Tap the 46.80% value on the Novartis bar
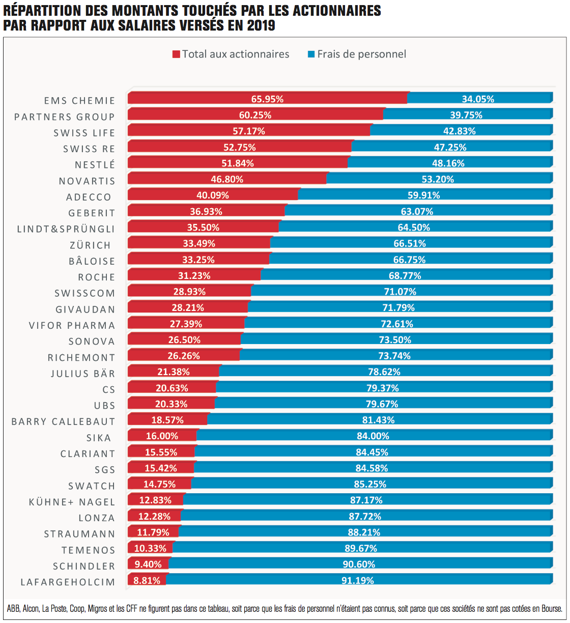click(x=227, y=179)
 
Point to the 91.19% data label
click(x=357, y=580)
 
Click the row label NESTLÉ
click(x=95, y=165)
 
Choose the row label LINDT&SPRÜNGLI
click(x=66, y=229)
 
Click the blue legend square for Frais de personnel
click(x=311, y=54)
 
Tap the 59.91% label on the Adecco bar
click(x=423, y=195)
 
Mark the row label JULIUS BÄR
click(x=82, y=374)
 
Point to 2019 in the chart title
click(x=261, y=25)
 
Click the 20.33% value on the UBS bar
click(x=171, y=404)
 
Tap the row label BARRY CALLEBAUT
click(x=63, y=421)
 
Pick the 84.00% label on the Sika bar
click(x=373, y=436)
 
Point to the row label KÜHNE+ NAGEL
click(x=72, y=502)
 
